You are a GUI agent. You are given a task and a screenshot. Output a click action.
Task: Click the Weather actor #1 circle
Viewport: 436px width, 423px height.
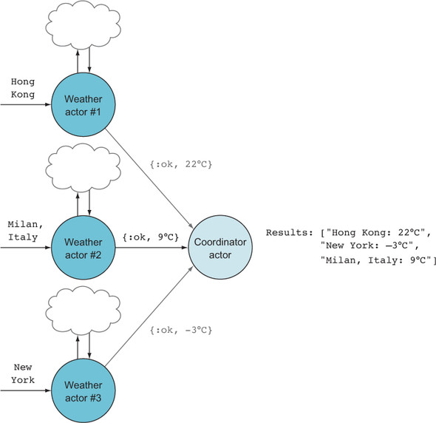click(x=84, y=105)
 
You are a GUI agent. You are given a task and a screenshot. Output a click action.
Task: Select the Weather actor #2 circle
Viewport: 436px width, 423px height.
click(x=84, y=248)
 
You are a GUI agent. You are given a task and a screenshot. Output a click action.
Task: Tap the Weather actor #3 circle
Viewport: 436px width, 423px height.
click(x=84, y=390)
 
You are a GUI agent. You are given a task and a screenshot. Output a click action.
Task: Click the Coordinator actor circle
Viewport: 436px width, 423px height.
click(x=220, y=247)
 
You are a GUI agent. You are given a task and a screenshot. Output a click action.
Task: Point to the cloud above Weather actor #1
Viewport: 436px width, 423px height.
click(x=84, y=25)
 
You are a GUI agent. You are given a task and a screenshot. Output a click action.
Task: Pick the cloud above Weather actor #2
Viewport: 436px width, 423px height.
click(x=84, y=168)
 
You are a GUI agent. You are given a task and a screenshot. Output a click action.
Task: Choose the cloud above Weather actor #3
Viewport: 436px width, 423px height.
click(x=84, y=311)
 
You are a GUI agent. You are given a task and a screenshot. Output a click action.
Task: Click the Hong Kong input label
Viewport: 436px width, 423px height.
click(x=23, y=88)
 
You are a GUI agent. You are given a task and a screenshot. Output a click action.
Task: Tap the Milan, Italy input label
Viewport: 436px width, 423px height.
click(x=24, y=231)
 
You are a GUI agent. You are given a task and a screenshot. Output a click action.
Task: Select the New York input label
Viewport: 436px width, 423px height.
click(x=23, y=373)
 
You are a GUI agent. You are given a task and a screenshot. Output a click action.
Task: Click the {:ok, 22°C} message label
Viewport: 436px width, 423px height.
click(x=181, y=164)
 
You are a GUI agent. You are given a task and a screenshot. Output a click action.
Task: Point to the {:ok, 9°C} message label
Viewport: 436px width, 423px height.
click(x=151, y=237)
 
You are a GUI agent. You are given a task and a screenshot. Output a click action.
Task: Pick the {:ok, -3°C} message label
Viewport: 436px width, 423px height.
click(x=181, y=330)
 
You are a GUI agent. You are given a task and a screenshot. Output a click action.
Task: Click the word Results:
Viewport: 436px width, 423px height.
click(x=290, y=232)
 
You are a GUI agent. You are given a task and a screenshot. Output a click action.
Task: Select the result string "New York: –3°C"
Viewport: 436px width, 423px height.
click(x=369, y=246)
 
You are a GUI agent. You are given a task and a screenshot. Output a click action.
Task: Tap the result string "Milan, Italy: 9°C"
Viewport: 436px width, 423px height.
click(x=377, y=260)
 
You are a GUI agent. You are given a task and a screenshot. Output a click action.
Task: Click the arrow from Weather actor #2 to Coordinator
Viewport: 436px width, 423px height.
click(x=151, y=248)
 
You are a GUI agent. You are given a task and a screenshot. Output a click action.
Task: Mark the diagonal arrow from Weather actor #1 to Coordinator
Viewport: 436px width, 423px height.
click(x=149, y=178)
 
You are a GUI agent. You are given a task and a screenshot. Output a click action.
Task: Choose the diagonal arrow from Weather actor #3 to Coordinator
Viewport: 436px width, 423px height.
click(x=149, y=315)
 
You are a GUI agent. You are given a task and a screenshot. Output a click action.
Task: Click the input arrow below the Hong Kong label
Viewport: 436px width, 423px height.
click(x=26, y=104)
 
